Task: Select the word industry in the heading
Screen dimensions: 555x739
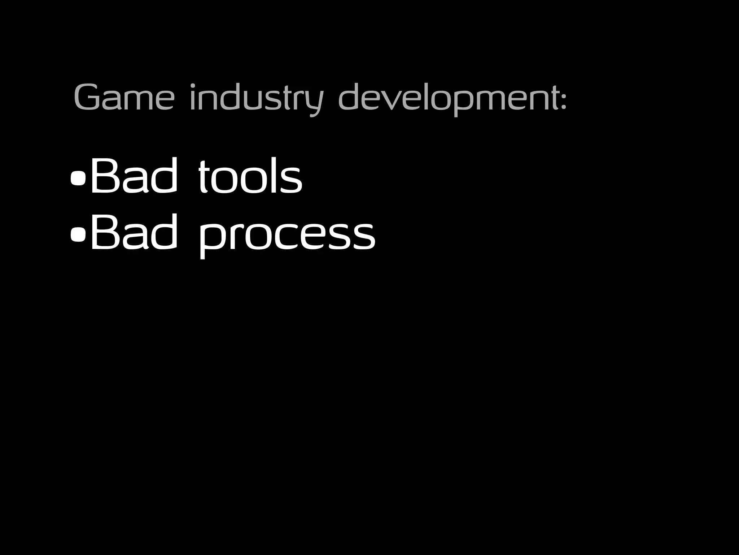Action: (x=256, y=98)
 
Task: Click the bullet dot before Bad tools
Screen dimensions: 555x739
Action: (x=78, y=177)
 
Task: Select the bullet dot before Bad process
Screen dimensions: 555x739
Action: (x=78, y=234)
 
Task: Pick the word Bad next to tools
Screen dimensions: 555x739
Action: (x=134, y=176)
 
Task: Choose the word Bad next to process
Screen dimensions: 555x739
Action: (x=134, y=232)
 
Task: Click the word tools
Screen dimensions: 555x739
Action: (x=250, y=176)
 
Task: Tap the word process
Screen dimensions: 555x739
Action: (x=287, y=235)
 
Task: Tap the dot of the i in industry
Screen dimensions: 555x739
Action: (x=193, y=86)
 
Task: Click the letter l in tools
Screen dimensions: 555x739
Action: (x=274, y=175)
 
